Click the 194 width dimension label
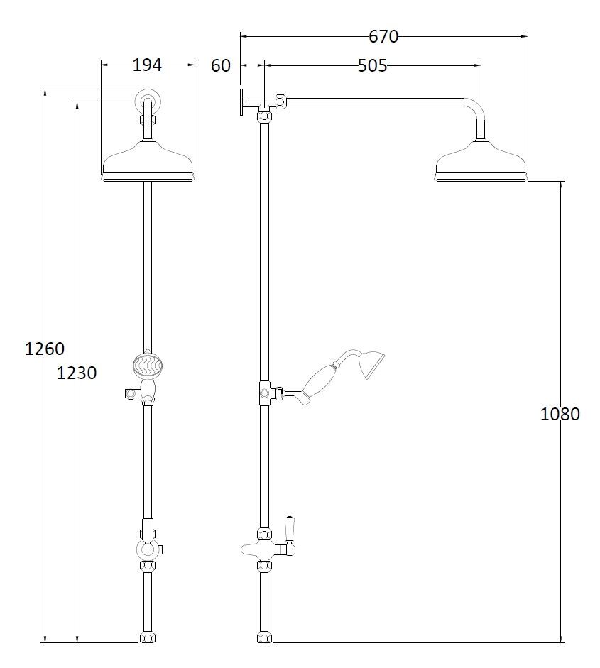click(148, 65)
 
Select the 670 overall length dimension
click(383, 36)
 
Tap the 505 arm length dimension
click(372, 66)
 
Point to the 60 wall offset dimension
click(221, 66)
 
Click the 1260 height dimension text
click(44, 349)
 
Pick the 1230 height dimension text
click(76, 372)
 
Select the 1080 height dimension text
click(560, 414)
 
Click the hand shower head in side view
click(372, 364)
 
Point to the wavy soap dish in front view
click(148, 366)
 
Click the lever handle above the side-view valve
click(290, 528)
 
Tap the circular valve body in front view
click(148, 549)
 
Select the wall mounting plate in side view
click(243, 101)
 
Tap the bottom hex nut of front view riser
click(148, 637)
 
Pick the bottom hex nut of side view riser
click(264, 637)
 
